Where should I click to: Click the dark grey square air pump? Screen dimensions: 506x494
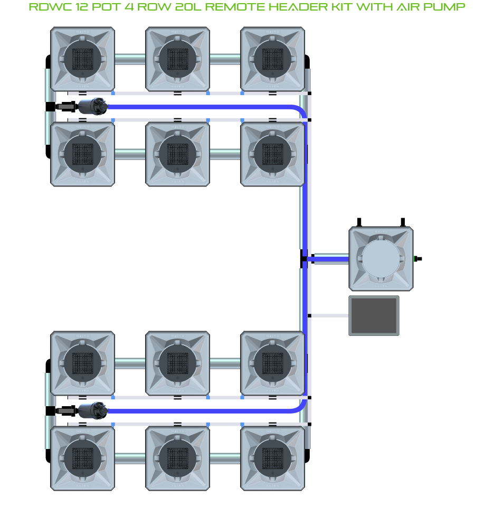tap(374, 315)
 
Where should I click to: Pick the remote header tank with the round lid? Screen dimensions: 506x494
tap(381, 259)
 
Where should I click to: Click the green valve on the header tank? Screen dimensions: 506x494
tap(416, 259)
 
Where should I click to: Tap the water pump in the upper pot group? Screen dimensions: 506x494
tap(93, 106)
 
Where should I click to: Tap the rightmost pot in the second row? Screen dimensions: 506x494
tap(272, 154)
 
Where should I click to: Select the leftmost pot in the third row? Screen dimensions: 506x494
tap(82, 363)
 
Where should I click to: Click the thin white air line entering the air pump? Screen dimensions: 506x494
tap(330, 315)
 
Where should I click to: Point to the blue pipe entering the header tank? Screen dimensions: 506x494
tap(330, 259)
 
